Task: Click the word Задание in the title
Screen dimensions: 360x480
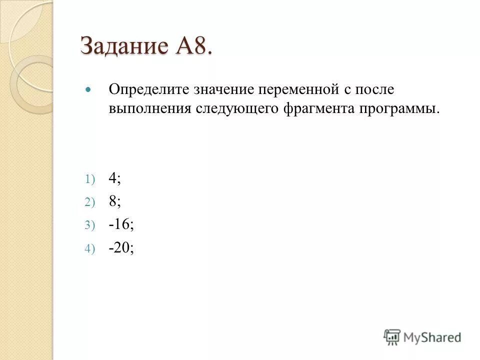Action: [x=125, y=46]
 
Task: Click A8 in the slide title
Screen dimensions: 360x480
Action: [x=192, y=46]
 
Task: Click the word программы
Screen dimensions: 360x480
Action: [x=398, y=108]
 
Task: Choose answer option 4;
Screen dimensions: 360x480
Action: [x=114, y=178]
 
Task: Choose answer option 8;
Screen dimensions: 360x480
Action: [x=114, y=201]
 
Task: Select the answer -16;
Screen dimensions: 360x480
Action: [x=120, y=225]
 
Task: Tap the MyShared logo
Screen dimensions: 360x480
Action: [x=422, y=337]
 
